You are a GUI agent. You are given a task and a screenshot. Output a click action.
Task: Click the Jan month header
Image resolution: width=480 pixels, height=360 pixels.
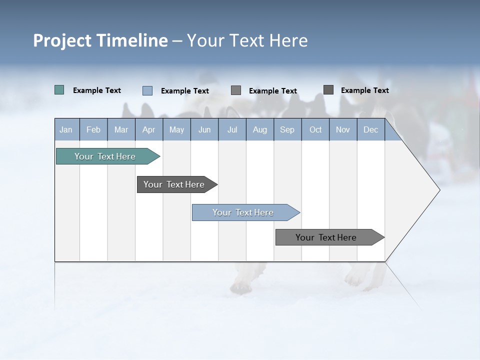tap(66, 130)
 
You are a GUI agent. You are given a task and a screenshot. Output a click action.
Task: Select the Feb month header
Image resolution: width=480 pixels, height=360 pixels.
tap(93, 130)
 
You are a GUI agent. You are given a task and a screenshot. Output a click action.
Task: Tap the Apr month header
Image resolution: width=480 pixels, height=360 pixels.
tap(148, 130)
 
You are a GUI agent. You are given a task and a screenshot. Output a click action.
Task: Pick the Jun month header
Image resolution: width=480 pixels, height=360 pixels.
tap(204, 130)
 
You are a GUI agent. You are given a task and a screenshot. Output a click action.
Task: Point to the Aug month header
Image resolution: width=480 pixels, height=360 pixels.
tap(260, 130)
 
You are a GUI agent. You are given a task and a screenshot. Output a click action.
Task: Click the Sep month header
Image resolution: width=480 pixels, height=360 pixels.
tap(287, 130)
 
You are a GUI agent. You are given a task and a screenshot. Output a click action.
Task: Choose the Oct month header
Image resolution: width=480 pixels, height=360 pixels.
tap(315, 130)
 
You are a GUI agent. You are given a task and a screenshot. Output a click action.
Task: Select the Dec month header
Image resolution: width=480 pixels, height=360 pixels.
tap(370, 130)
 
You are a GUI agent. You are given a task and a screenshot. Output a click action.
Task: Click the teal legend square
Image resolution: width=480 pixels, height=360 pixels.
tap(59, 90)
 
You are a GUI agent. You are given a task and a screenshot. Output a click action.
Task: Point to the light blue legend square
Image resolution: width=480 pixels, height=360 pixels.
tap(147, 90)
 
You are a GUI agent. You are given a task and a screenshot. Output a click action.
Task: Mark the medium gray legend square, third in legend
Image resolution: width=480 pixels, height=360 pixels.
tap(236, 90)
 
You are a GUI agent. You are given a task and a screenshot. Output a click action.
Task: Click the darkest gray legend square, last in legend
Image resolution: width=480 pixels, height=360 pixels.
tap(328, 90)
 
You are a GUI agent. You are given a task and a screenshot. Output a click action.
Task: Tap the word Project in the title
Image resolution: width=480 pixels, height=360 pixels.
tap(61, 40)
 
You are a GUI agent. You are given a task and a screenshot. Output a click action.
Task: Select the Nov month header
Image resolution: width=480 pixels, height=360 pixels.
tap(343, 130)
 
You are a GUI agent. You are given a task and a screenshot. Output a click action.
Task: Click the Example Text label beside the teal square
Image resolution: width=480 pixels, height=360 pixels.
tap(97, 90)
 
